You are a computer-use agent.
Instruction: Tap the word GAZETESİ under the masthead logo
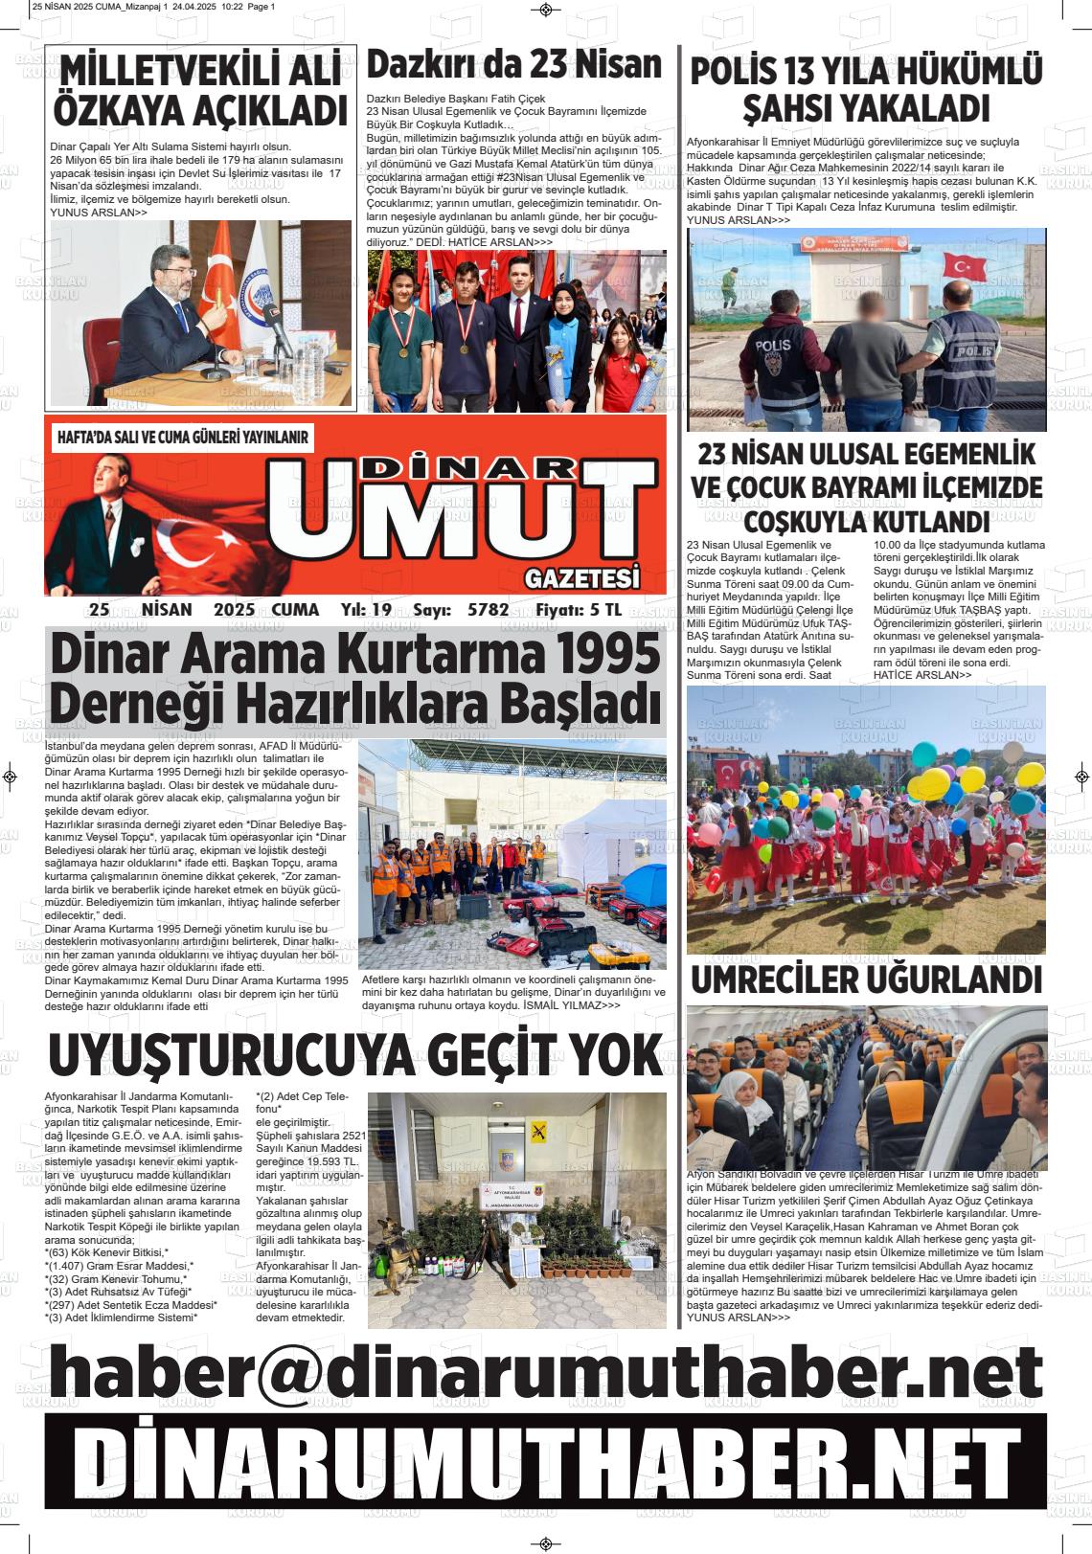point(581,578)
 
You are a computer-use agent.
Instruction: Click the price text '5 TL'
point(605,610)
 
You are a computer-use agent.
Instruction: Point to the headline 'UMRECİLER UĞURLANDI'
point(866,980)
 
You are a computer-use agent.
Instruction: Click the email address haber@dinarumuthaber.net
point(545,1372)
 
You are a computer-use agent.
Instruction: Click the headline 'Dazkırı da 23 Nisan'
point(514,64)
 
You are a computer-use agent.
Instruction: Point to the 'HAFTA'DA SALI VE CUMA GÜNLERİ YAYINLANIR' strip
point(184,438)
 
